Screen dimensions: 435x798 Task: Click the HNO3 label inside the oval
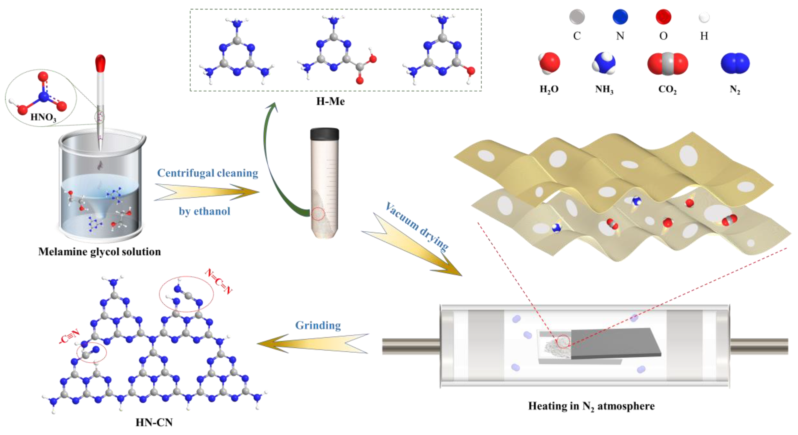click(43, 117)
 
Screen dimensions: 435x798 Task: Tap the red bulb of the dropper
click(100, 63)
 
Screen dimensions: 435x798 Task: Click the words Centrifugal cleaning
click(207, 173)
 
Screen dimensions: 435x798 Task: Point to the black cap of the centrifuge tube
click(324, 134)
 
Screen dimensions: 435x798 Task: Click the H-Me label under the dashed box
click(330, 101)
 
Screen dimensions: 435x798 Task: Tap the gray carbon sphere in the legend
click(577, 17)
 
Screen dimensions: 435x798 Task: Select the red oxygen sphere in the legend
click(663, 17)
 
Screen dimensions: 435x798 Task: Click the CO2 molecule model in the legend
click(668, 64)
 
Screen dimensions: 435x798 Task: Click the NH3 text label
click(604, 89)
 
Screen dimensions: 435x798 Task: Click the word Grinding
click(318, 325)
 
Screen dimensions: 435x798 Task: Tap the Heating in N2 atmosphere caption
click(591, 406)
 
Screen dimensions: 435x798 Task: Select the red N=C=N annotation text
click(219, 281)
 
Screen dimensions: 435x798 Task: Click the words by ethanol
click(204, 211)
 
